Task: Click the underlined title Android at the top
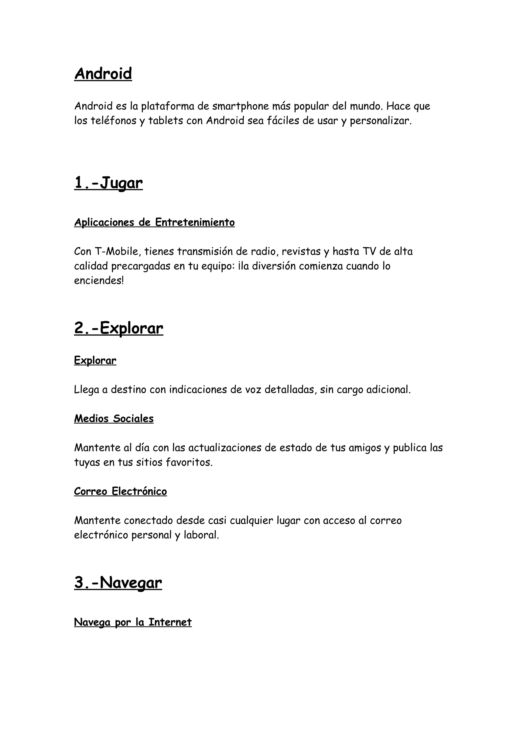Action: (103, 74)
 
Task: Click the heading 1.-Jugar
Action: (108, 183)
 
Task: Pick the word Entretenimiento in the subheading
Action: (195, 222)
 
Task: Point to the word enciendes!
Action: (99, 281)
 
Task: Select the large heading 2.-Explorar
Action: (118, 328)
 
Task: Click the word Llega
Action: (86, 390)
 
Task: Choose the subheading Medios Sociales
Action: (114, 419)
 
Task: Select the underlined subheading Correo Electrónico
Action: (120, 492)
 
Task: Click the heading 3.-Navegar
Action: (118, 583)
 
